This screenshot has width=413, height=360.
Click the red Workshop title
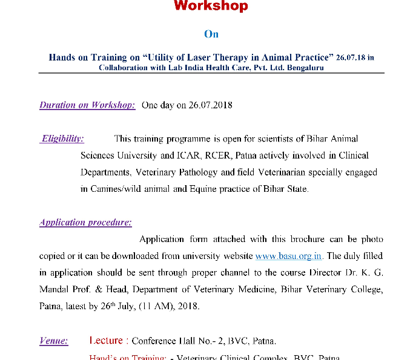pos(211,6)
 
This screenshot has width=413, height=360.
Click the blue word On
pos(211,34)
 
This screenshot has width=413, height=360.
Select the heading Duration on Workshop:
pos(87,105)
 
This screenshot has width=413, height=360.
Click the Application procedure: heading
pos(85,222)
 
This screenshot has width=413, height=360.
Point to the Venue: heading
pos(54,341)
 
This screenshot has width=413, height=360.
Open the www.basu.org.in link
pos(289,256)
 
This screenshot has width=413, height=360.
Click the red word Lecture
pos(107,341)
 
